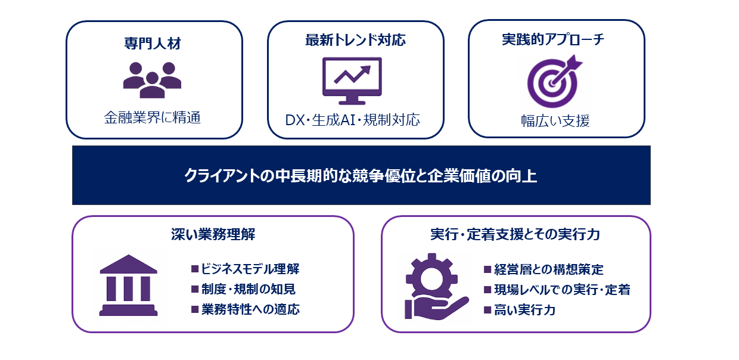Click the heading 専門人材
(x=153, y=44)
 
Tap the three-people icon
(x=152, y=79)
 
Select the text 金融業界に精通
(x=153, y=117)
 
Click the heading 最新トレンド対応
(x=355, y=41)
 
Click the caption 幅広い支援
(x=555, y=121)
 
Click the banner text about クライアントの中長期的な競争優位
(x=361, y=176)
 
